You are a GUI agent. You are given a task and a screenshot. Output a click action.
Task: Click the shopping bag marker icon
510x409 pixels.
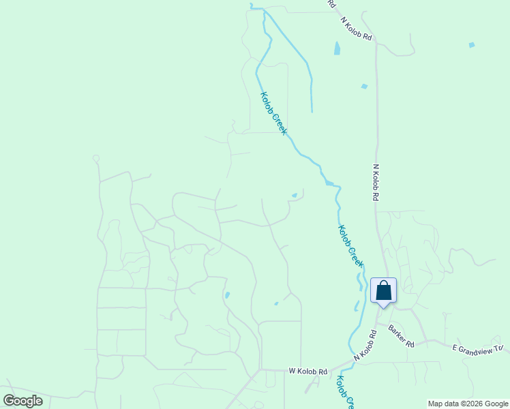click(383, 290)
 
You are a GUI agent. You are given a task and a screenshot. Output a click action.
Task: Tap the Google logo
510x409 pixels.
click(23, 401)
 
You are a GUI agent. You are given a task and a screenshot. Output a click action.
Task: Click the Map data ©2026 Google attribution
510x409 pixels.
click(468, 404)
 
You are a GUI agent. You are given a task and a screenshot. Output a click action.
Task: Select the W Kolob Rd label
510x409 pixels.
click(308, 372)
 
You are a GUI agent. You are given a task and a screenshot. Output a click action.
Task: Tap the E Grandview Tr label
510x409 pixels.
click(477, 348)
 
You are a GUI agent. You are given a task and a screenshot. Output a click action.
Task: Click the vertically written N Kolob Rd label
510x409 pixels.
click(375, 181)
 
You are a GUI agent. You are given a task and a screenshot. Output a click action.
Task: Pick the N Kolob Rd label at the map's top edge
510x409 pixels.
click(357, 27)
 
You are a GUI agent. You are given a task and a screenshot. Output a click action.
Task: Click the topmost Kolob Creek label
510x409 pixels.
click(272, 113)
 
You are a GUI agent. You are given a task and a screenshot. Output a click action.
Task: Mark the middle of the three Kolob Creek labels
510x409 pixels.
click(351, 246)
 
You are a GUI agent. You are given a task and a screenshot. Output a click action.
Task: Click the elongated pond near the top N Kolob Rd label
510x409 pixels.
click(337, 48)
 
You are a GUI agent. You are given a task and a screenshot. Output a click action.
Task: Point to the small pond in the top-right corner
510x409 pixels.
click(472, 45)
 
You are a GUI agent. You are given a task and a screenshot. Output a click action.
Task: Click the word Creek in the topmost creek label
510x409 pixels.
click(279, 123)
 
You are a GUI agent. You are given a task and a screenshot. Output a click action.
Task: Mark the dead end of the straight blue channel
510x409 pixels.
click(312, 111)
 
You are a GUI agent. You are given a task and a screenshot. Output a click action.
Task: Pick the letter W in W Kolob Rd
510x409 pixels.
click(292, 372)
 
